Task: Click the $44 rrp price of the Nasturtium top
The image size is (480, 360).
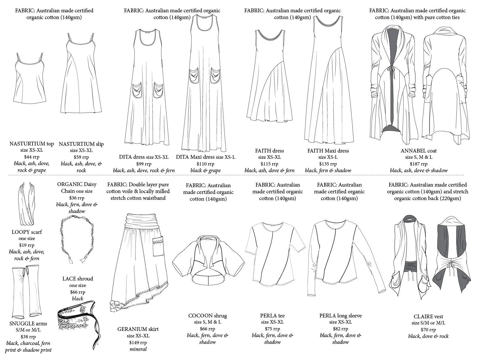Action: tap(32, 157)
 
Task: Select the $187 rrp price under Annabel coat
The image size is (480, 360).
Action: tap(419, 164)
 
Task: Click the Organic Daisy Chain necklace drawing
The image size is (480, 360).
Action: tap(78, 239)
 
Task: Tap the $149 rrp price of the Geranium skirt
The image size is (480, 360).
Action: tap(138, 342)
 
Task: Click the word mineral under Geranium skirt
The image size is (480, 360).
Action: tap(138, 349)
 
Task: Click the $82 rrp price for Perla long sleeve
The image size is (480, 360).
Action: tap(340, 329)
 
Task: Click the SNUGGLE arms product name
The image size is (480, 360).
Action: tap(28, 324)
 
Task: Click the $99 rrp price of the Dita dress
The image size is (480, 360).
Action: tap(144, 164)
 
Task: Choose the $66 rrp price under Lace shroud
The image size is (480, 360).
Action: tap(77, 292)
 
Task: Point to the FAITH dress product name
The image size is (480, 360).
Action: tap(269, 151)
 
